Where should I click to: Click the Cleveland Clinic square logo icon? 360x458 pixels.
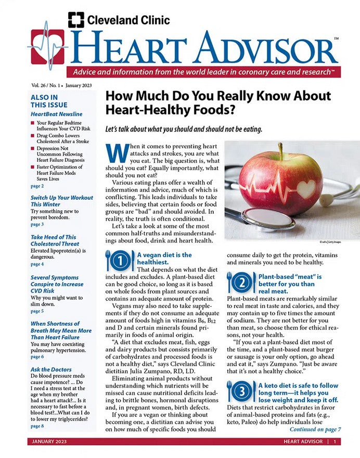(x=76, y=20)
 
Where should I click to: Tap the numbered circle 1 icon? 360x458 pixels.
(x=120, y=261)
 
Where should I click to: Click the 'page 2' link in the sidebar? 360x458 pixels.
(x=37, y=186)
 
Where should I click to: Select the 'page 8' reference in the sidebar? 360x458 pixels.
(x=37, y=426)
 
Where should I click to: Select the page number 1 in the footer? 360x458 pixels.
(x=335, y=442)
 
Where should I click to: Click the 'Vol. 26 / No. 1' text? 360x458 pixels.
(x=43, y=84)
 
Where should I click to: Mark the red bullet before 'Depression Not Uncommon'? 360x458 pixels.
(x=33, y=148)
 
